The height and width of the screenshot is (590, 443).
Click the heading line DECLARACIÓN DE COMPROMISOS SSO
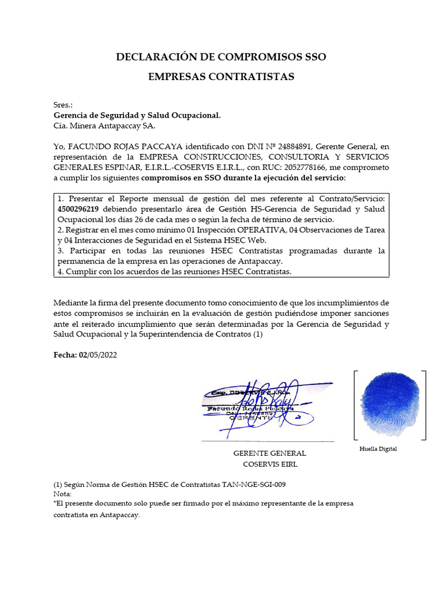tap(221, 57)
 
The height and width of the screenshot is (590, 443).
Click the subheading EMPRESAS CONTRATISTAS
tap(221, 77)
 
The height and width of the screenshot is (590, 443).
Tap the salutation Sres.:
tap(63, 105)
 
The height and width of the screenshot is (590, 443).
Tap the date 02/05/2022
tap(97, 355)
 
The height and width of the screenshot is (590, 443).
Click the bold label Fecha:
tap(65, 355)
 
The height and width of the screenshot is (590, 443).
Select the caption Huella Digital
tap(378, 449)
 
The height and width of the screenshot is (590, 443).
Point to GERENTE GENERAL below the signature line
tap(269, 453)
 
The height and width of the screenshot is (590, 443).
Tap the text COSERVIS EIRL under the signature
tap(269, 464)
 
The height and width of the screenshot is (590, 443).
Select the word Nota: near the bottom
tap(63, 494)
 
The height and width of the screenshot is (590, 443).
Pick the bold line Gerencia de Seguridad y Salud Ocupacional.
tap(136, 115)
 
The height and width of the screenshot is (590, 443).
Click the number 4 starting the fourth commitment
tap(60, 272)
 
